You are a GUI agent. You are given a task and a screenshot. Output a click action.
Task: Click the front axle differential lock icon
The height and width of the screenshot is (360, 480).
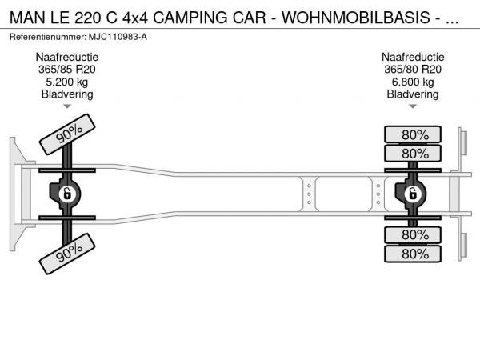pos(67,193)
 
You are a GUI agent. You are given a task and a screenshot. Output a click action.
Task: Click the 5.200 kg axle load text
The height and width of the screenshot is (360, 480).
pos(67,82)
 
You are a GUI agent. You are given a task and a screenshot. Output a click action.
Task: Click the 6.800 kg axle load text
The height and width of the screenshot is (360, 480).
pos(414,82)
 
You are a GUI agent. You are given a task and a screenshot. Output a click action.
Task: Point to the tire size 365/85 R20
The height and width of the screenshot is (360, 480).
pos(67,70)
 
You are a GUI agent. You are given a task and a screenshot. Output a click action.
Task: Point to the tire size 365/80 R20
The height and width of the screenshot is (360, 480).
pos(414,70)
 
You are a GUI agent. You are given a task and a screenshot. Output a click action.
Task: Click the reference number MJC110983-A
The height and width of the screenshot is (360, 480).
pos(119,37)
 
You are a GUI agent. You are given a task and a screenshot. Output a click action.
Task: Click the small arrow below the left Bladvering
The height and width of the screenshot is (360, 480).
pos(67,106)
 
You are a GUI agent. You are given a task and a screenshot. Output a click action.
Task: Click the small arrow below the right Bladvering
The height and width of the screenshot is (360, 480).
pos(414,106)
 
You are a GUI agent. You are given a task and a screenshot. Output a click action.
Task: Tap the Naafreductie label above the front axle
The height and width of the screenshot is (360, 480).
pos(67,58)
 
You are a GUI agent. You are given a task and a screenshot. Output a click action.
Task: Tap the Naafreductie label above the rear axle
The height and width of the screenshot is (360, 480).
pos(414,58)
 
